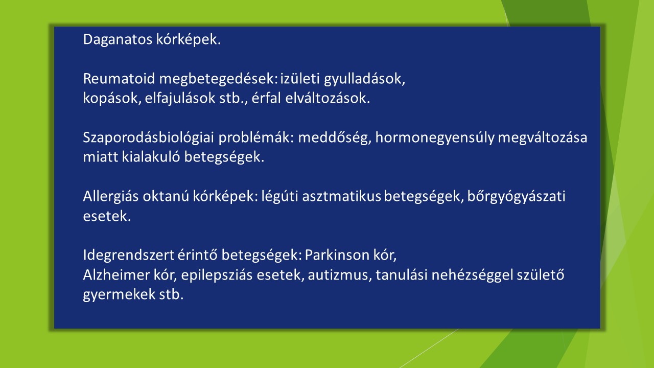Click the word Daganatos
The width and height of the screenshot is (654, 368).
(118, 40)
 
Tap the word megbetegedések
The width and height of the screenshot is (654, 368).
(218, 79)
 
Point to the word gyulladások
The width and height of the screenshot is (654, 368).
(364, 79)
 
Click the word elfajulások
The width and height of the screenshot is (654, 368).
(180, 99)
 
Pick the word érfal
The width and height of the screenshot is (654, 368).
(266, 98)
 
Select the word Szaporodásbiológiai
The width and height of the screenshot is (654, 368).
(148, 138)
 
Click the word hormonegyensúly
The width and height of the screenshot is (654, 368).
(435, 138)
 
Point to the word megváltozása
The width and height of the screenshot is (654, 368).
(542, 138)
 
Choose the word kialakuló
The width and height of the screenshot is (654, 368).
(151, 157)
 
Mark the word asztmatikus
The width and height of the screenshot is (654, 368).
(341, 196)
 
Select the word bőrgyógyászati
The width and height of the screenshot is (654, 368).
(516, 197)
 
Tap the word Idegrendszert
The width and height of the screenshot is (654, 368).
(128, 256)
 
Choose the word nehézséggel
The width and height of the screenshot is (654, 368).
(472, 275)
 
